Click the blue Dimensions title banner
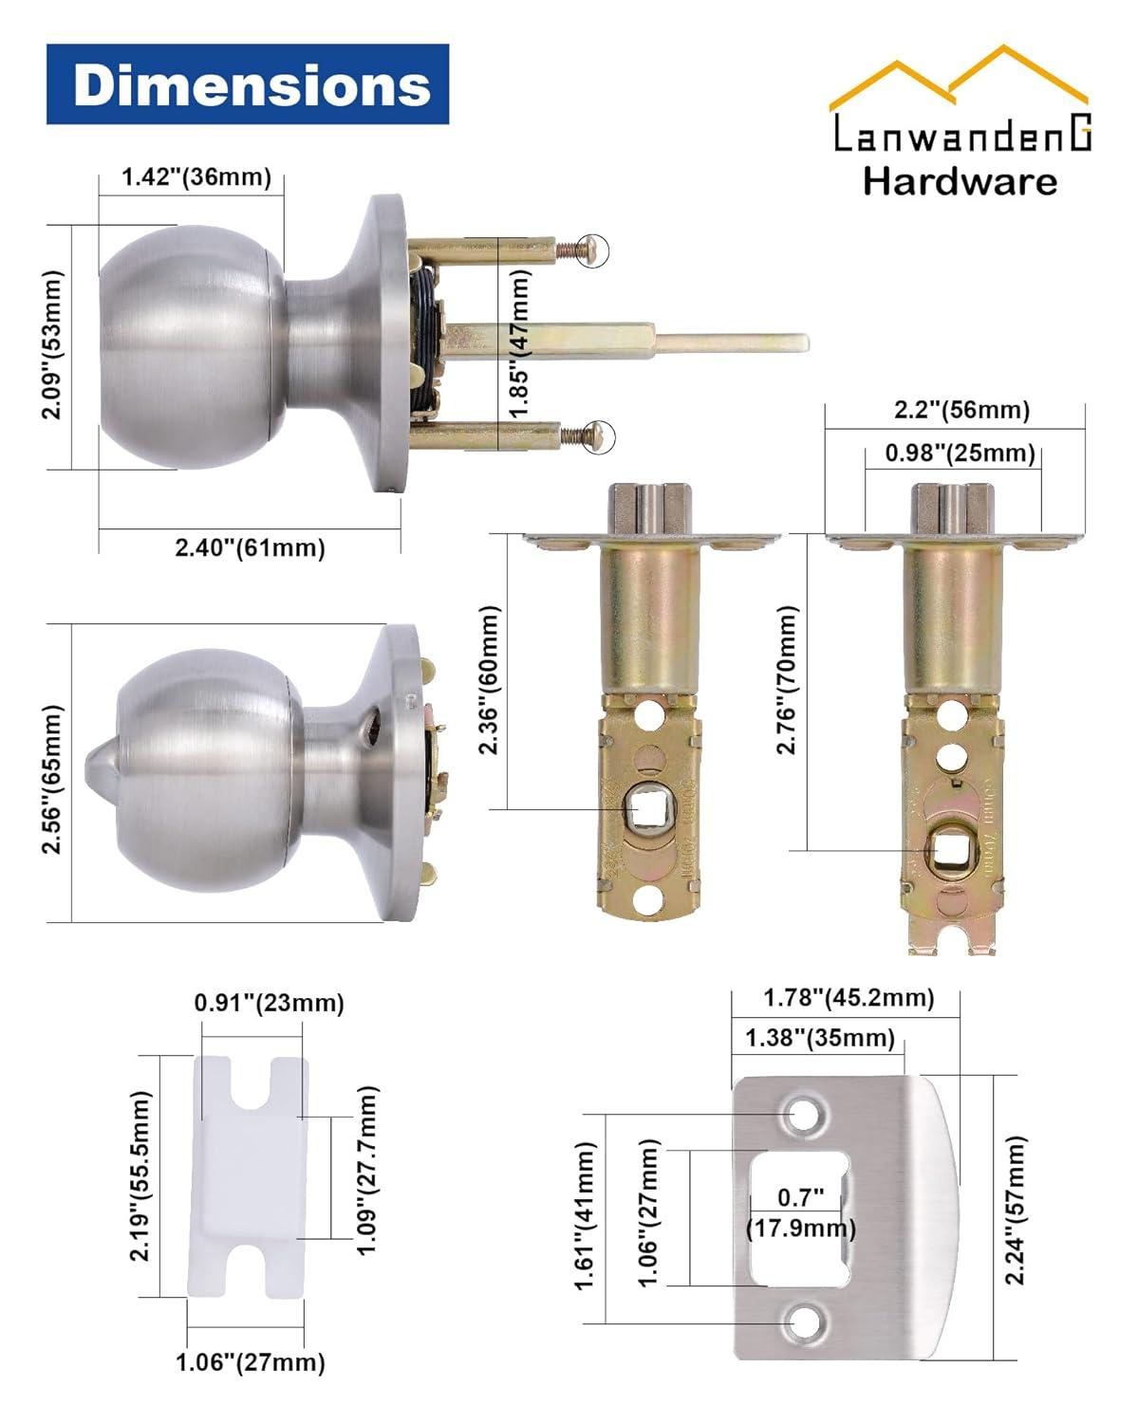248,84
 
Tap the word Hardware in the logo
960,181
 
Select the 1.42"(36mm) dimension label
196,177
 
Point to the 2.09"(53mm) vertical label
53,344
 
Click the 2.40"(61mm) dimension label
250,547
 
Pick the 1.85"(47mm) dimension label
518,343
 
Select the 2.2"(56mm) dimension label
961,410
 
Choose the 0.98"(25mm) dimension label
960,453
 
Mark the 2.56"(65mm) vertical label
53,778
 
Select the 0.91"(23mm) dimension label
269,1003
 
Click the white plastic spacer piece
249,1176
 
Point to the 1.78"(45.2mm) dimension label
849,998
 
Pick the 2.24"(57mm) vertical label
1016,1210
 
